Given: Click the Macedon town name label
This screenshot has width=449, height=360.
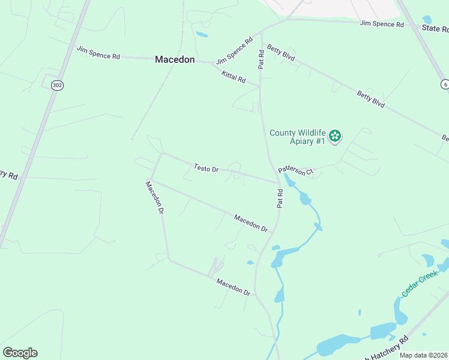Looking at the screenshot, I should point(175,59).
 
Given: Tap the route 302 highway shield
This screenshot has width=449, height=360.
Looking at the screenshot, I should point(57,85).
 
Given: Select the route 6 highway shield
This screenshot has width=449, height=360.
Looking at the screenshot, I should point(445,85).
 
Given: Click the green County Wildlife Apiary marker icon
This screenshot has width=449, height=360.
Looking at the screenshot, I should point(335,136).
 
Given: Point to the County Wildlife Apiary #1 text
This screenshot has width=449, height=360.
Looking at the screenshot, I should point(297,137).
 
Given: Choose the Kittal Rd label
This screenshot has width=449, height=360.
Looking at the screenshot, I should point(234,77).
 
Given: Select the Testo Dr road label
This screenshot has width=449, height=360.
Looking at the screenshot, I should point(205,169).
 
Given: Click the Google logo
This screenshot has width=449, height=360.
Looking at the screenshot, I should point(20,353).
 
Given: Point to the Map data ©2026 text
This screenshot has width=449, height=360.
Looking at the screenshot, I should point(424,355).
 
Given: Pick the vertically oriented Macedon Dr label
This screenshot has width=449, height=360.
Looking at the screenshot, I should point(155,197).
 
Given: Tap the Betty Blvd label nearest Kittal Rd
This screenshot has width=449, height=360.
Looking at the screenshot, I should point(281,53).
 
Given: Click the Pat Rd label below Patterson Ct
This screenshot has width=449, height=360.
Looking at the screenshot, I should point(280,199).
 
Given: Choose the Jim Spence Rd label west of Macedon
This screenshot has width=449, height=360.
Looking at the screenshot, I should point(98,52).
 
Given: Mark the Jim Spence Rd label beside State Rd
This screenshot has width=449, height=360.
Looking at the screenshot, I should point(382,24).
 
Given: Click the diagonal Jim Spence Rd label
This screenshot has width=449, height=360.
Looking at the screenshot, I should point(235,52).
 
